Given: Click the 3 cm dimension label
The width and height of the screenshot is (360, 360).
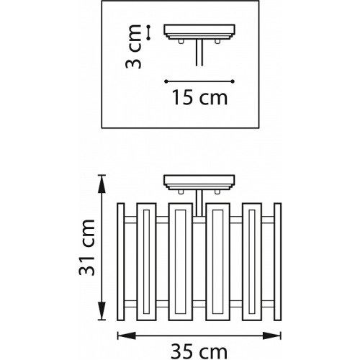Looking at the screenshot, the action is coord(133,47).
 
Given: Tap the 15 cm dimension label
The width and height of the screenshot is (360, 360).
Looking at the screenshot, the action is coord(199,97).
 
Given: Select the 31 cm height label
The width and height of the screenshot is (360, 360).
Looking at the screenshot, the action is coord(87,248).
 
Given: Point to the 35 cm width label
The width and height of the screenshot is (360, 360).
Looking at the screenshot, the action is coord(199,352).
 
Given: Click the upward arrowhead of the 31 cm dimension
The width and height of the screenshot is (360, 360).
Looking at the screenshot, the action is coord(102,184).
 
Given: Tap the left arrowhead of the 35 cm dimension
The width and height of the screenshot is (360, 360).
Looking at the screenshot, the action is coord(127,336).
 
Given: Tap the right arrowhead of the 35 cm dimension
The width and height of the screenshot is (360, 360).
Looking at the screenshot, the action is coord(271,336).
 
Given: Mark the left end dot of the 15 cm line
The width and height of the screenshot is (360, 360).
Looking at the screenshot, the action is coord(166,81).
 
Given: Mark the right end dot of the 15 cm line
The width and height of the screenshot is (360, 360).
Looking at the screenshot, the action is coord(233,81).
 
